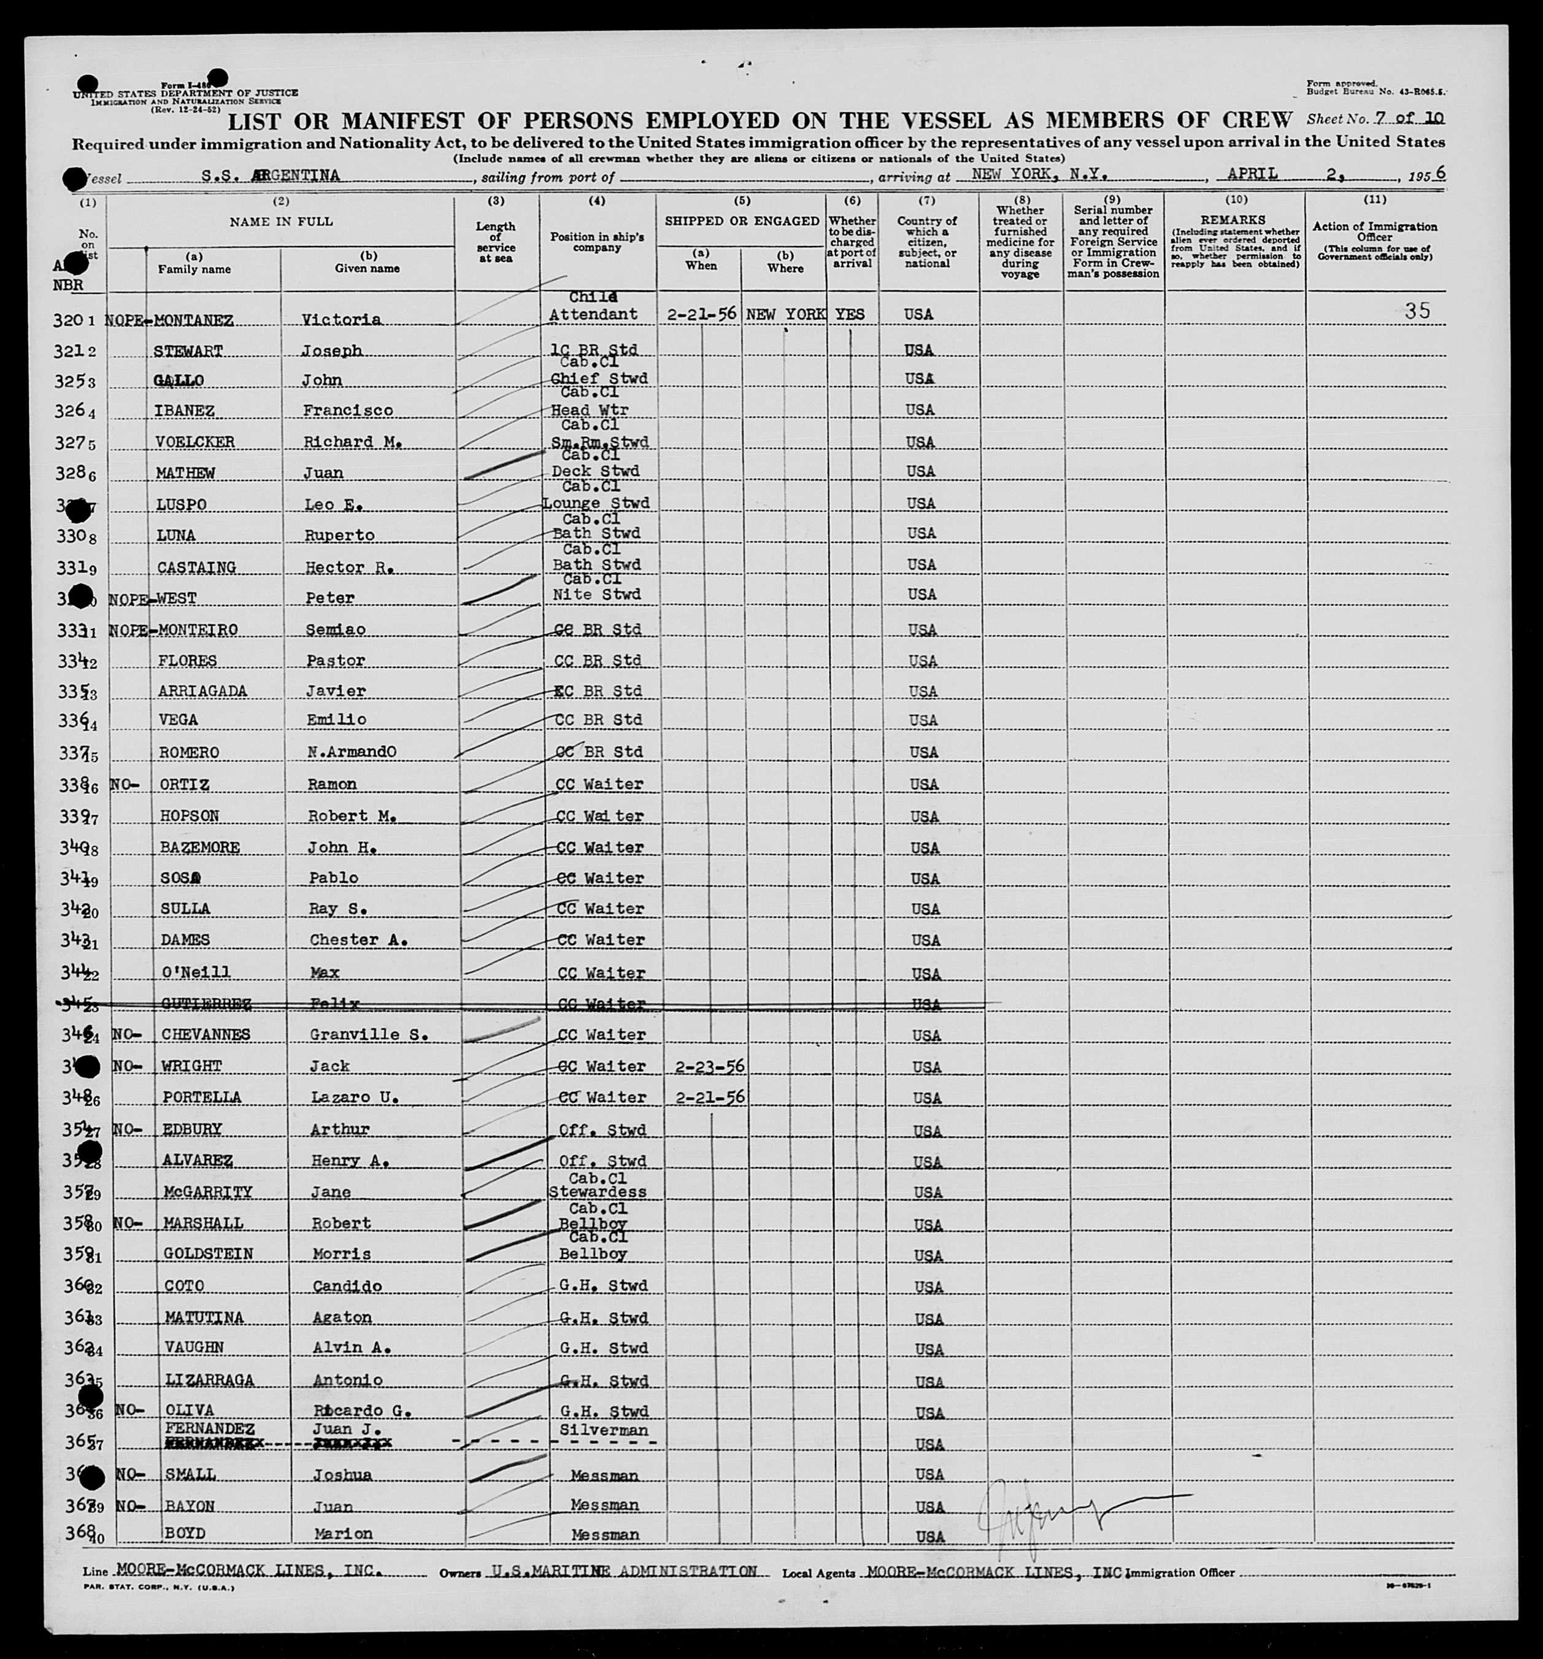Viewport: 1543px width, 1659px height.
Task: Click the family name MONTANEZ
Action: [194, 320]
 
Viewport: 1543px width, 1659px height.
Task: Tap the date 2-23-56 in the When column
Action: [706, 1066]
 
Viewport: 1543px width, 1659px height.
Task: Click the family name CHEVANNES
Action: [206, 1035]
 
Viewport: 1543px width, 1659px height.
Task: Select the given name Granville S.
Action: [369, 1035]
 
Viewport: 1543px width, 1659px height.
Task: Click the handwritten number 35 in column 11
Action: [1417, 311]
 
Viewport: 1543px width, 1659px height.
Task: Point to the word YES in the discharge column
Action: [850, 315]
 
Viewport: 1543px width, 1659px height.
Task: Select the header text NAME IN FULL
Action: [281, 221]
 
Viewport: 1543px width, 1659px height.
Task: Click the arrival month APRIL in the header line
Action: [1252, 174]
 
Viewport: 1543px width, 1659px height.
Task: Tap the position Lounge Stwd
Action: [596, 503]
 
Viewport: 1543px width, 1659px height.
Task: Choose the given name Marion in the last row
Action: [341, 1534]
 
